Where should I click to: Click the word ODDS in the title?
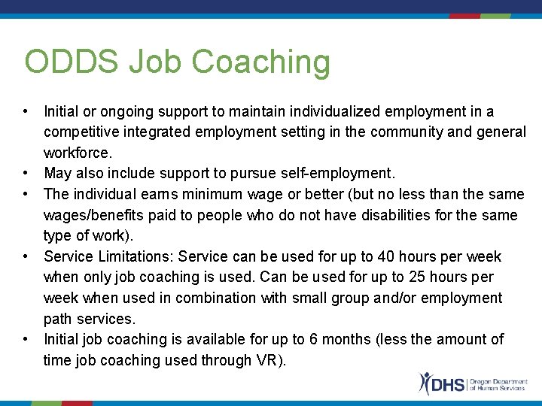click(70, 62)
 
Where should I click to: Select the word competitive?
click(81, 132)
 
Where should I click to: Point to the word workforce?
click(78, 153)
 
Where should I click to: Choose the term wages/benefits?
click(93, 216)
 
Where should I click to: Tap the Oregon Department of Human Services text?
click(497, 383)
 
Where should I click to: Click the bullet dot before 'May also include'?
click(26, 174)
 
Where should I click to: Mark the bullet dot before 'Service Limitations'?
click(26, 256)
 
